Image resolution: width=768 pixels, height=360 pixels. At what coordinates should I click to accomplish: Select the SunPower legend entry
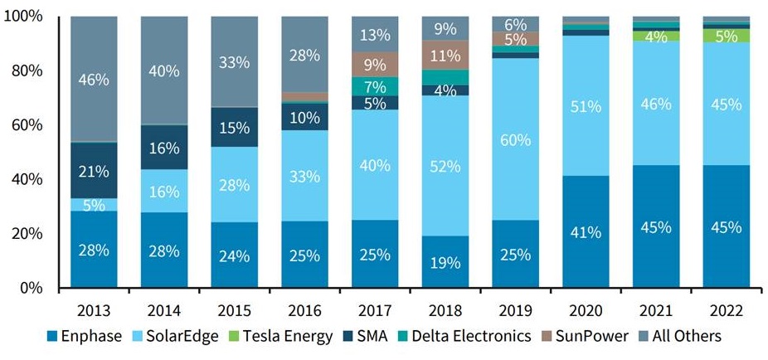pos(589,336)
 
